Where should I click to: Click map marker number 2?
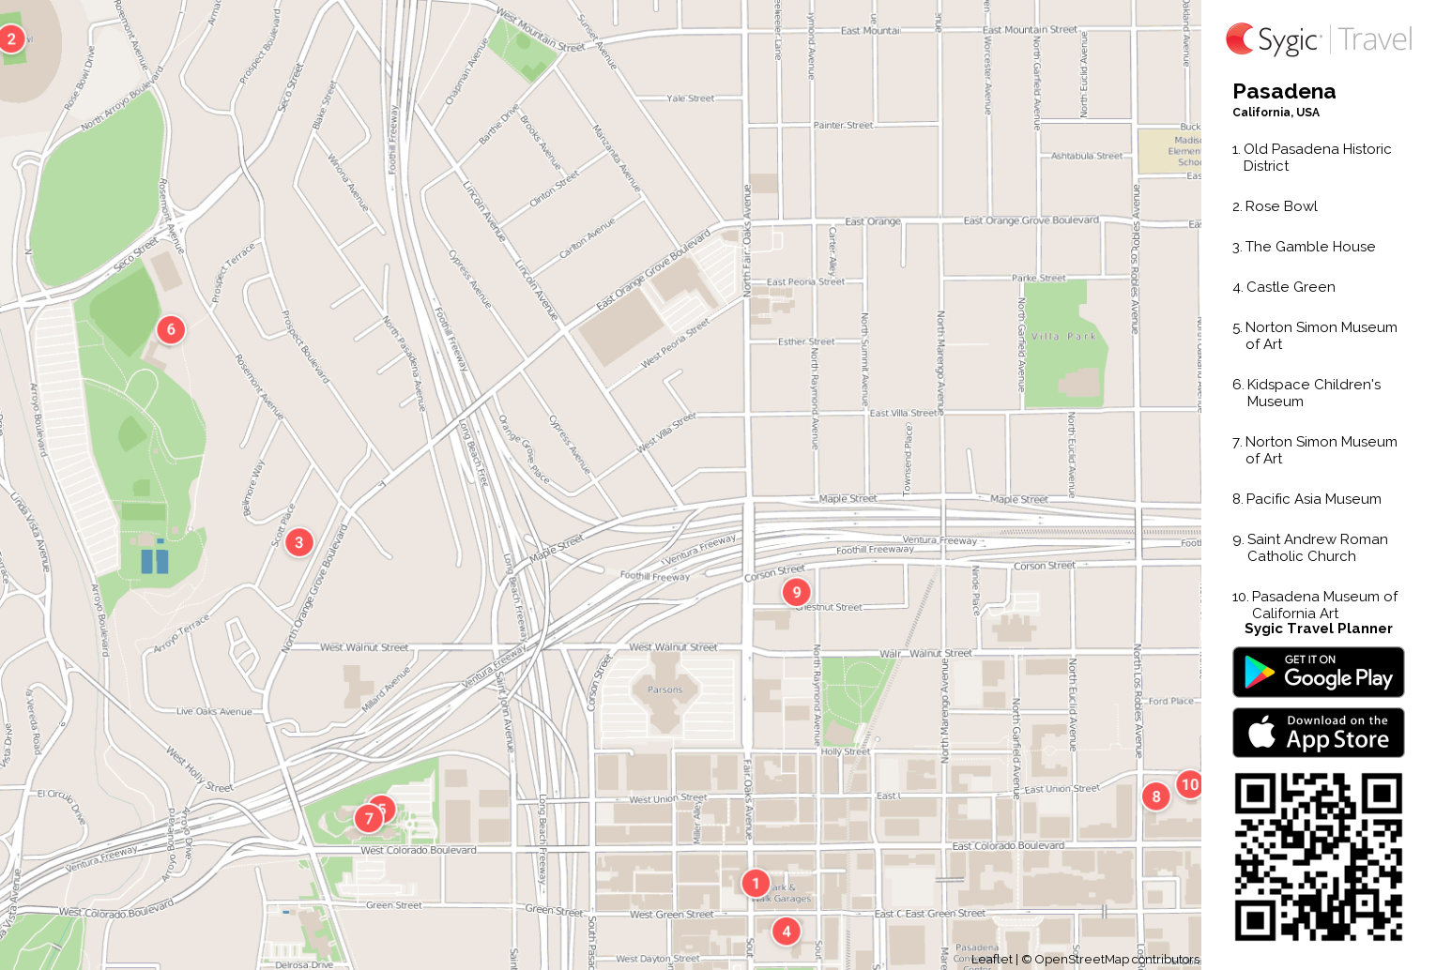(11, 39)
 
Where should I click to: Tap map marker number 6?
(171, 329)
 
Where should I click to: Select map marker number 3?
(299, 542)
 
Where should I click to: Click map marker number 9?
(797, 592)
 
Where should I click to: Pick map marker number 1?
(756, 883)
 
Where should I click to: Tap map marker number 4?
(787, 931)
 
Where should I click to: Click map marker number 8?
(1156, 796)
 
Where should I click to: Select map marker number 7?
(369, 819)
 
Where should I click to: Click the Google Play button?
(1318, 673)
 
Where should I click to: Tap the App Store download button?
(1318, 733)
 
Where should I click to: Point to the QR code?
(1318, 856)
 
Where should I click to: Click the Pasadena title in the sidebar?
(1284, 92)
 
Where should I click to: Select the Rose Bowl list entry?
(1280, 206)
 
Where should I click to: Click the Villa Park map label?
(1063, 336)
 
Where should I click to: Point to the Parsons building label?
(665, 690)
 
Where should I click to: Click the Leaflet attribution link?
(991, 959)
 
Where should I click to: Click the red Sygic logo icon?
(1240, 38)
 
